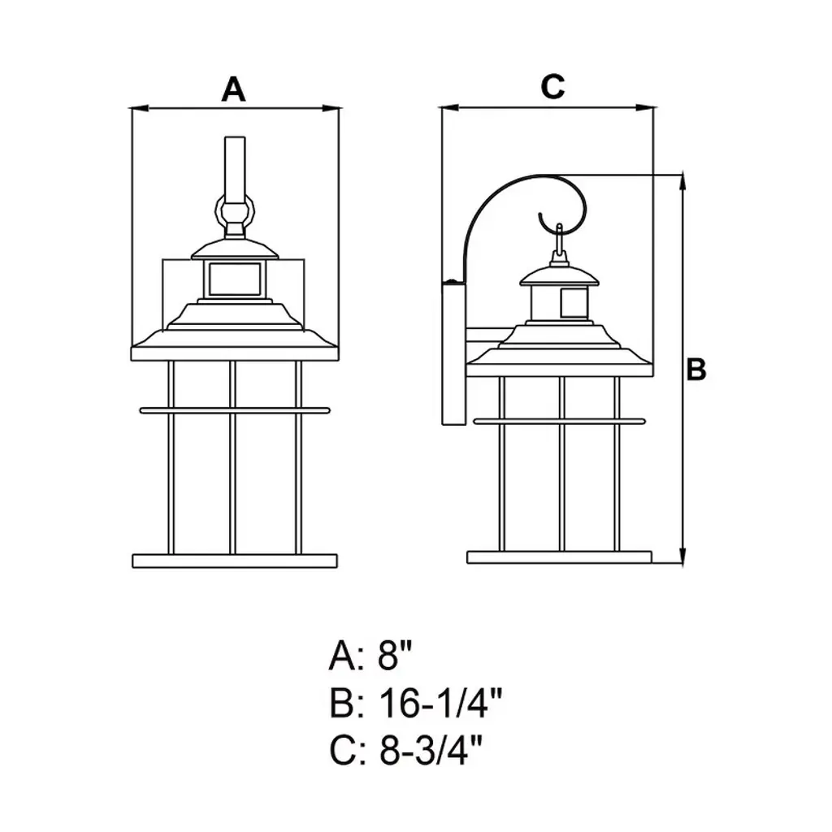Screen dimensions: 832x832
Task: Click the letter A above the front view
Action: [x=233, y=89]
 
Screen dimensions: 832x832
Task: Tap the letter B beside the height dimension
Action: [x=696, y=369]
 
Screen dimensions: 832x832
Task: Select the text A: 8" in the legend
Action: [x=370, y=656]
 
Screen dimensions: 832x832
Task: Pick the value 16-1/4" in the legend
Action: [x=440, y=703]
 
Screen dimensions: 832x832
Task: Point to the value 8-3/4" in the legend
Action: [x=431, y=750]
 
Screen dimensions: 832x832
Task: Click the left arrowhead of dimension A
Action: [x=139, y=109]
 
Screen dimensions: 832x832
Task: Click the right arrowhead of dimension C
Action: [x=644, y=108]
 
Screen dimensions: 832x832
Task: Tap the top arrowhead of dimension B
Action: [x=682, y=183]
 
